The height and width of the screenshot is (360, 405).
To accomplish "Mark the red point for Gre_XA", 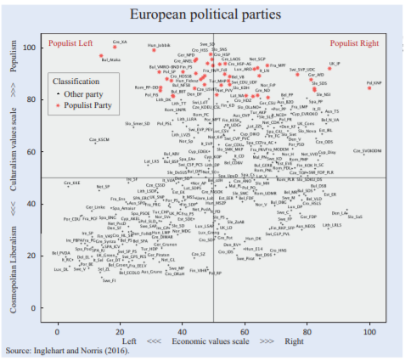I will [115, 45].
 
